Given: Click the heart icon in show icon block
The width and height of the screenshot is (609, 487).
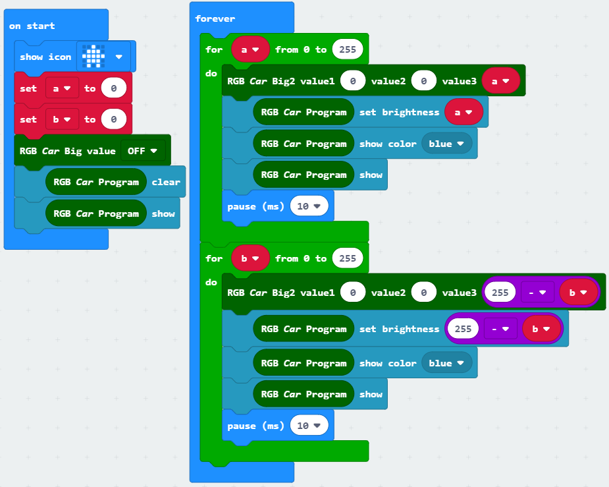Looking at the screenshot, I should (x=93, y=57).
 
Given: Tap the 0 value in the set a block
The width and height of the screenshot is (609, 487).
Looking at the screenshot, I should (x=114, y=88).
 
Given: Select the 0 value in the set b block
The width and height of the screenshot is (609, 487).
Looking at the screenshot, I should (x=114, y=119).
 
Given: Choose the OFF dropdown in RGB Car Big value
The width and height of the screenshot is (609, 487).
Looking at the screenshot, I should (x=142, y=151).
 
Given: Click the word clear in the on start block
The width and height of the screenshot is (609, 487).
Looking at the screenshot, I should (x=166, y=182).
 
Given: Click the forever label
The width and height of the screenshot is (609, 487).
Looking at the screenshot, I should (x=215, y=18).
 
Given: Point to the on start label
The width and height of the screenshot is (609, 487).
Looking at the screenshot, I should (x=32, y=26).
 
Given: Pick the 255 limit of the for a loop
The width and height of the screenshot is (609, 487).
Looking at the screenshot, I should (x=348, y=49).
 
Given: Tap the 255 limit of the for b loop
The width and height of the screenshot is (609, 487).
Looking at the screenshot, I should (x=348, y=258).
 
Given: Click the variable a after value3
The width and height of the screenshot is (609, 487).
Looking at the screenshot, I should (x=501, y=81).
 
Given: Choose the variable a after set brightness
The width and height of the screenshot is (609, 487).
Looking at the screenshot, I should (x=464, y=112).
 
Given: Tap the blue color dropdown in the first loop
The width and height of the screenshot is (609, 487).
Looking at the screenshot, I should (x=446, y=144).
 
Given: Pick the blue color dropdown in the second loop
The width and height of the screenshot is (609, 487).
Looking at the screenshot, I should (x=446, y=363).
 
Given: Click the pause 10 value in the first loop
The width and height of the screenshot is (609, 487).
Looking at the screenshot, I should (x=309, y=206).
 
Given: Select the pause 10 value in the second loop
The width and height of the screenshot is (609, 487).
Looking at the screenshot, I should (x=309, y=426).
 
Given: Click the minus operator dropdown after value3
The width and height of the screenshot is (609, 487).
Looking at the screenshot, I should (x=537, y=293).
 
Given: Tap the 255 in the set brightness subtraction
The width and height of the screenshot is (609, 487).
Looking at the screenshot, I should (x=463, y=329).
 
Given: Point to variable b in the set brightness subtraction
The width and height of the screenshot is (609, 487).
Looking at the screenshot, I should (x=541, y=329).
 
